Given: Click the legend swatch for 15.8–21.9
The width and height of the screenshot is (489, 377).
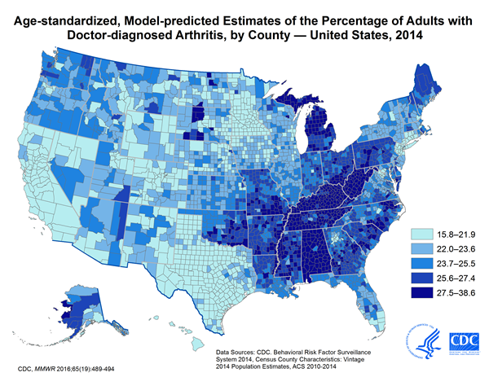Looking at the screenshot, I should [418, 232].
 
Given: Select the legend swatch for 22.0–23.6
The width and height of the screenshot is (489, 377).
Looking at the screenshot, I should [418, 248].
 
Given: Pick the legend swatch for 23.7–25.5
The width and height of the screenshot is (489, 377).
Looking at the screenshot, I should [418, 263].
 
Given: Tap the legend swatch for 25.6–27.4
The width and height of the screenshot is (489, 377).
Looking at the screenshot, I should [418, 278].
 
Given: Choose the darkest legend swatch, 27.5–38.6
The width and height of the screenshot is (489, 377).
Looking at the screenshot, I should [418, 294].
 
